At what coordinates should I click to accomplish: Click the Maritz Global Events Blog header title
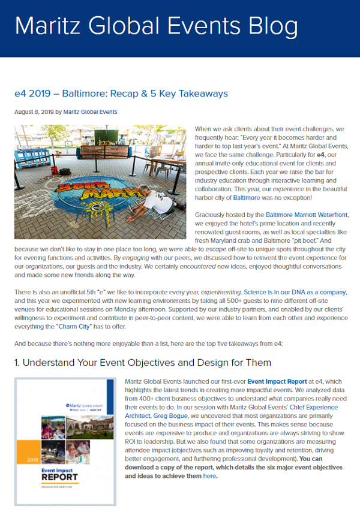[x=156, y=26]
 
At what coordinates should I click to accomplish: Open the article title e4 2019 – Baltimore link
[x=121, y=94]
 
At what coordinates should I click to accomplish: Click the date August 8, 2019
[x=34, y=112]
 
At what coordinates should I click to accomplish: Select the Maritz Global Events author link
[x=91, y=112]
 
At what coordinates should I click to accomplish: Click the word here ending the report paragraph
[x=209, y=476]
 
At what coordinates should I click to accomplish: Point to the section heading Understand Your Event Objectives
[x=143, y=362]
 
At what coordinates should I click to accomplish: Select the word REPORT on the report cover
[x=61, y=478]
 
